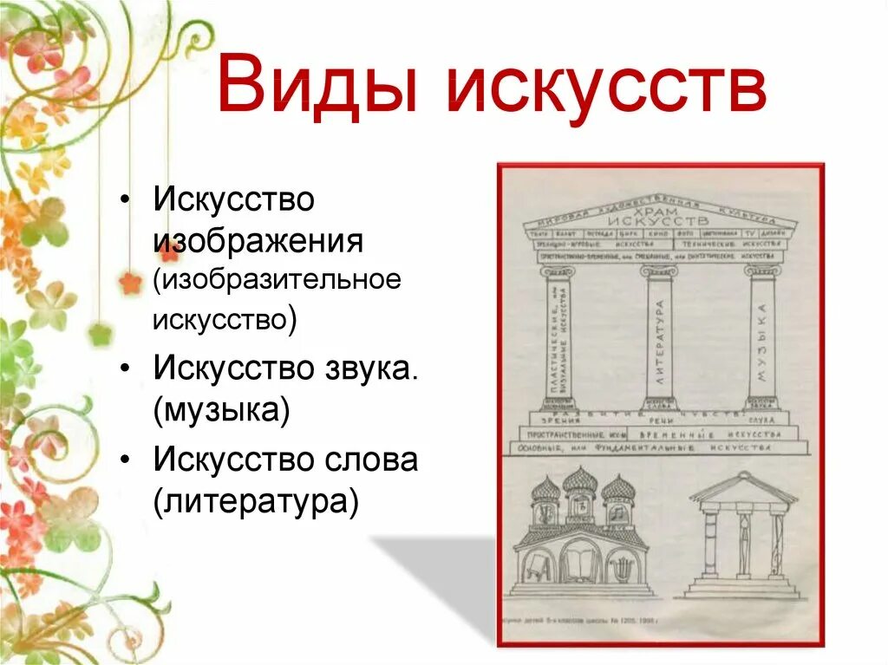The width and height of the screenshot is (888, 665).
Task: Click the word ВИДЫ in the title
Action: [x=318, y=84]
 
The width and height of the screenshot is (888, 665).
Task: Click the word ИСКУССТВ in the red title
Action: [x=606, y=84]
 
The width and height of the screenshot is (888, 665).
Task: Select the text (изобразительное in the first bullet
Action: [x=277, y=281]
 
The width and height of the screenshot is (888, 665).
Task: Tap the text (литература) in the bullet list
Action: [x=256, y=501]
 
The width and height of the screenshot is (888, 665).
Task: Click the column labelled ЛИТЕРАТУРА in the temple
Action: [x=659, y=338]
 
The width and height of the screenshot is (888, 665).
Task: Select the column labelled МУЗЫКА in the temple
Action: [x=761, y=338]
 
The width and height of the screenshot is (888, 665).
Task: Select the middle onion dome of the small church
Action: [x=580, y=482]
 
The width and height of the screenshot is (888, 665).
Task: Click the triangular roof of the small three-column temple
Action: [x=743, y=489]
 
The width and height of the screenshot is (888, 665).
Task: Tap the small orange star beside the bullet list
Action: [x=129, y=283]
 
